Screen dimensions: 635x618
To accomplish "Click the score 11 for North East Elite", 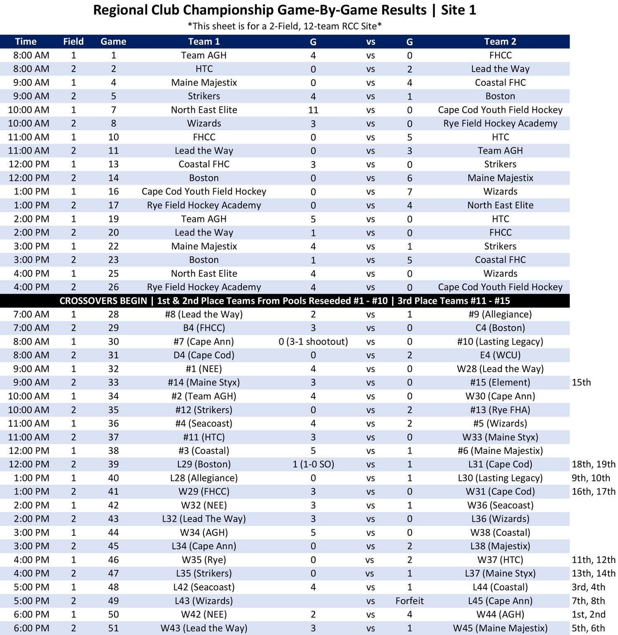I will pos(313,110).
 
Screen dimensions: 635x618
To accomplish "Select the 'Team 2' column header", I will pos(500,42).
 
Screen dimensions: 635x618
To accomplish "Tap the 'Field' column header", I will pos(73,42).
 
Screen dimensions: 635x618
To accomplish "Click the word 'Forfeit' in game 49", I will pos(409,601).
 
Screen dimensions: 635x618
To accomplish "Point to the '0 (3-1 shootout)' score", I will pos(313,341).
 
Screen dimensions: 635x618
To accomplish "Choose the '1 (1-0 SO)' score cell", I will pos(313,464).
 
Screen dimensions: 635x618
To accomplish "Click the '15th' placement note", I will pos(581,382).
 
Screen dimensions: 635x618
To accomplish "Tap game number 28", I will pos(113,314).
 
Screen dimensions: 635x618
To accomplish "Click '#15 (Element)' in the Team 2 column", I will pos(500,382).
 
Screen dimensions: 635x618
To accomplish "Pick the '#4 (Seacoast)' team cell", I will pos(204,423).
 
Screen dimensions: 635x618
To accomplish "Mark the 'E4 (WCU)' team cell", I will pos(500,355).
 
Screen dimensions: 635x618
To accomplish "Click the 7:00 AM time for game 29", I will pos(31,328).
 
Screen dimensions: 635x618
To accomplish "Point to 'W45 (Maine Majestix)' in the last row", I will pos(500,628).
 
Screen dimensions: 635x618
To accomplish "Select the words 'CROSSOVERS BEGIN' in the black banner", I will pos(103,301).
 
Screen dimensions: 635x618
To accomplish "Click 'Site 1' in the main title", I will pos(458,10).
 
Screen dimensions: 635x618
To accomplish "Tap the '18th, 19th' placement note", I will pos(593,464).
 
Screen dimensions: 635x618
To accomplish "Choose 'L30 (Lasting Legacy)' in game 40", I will pos(500,478).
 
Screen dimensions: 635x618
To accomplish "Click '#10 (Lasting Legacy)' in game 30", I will pos(500,341).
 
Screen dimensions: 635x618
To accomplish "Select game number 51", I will pos(113,628).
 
